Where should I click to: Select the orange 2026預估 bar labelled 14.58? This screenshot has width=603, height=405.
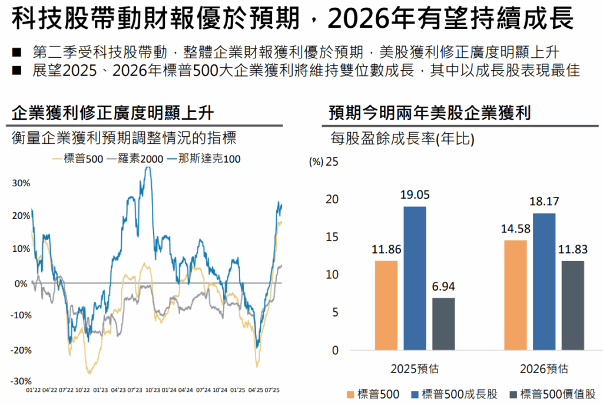[515, 295]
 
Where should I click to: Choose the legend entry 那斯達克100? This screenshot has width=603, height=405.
[204, 159]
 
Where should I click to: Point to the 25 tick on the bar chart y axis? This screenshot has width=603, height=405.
[333, 162]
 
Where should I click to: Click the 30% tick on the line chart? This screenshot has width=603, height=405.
[21, 183]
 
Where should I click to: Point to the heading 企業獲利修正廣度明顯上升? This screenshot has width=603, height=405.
[113, 113]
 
